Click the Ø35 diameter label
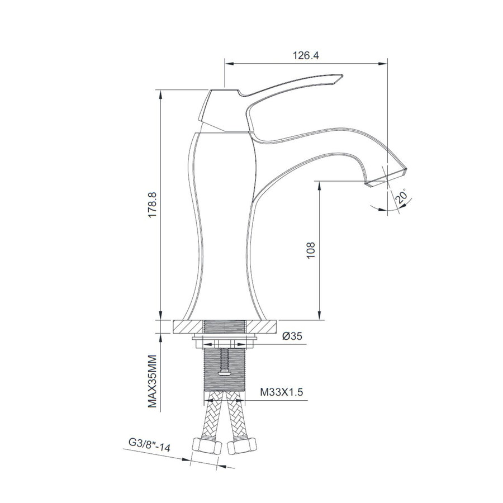click(x=292, y=336)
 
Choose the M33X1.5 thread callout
click(x=281, y=393)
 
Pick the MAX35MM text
click(x=153, y=382)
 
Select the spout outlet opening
click(x=386, y=178)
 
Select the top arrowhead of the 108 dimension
click(x=319, y=184)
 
